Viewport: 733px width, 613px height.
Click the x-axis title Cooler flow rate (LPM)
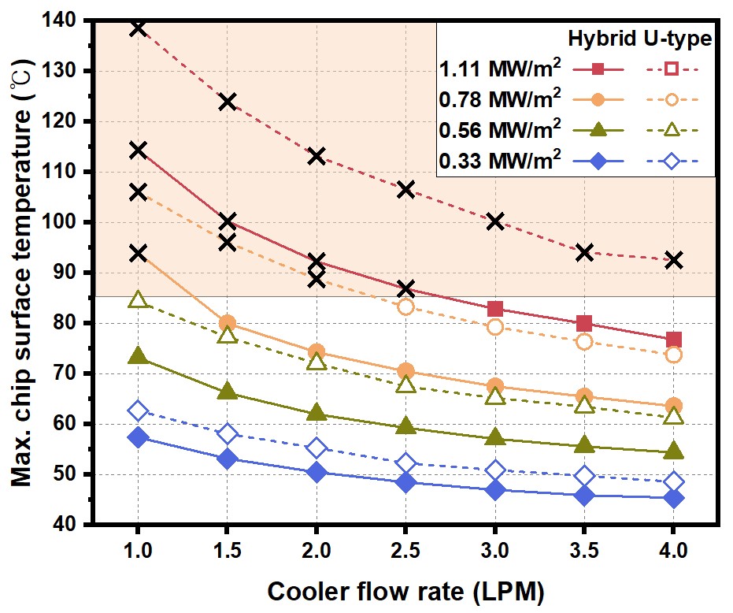(405, 590)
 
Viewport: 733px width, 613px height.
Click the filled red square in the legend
(599, 69)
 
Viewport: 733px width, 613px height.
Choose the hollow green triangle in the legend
(671, 130)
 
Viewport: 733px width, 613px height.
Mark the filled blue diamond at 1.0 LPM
(138, 437)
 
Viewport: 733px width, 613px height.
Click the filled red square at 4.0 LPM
(673, 340)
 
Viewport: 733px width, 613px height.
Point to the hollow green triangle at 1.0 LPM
(138, 299)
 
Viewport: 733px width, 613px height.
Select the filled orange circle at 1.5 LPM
(227, 323)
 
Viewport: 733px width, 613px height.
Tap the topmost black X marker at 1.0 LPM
(138, 28)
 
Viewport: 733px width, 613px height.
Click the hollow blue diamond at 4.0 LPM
(673, 481)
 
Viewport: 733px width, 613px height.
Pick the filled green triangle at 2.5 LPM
(405, 426)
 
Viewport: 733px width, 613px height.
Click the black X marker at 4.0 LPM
(673, 260)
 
